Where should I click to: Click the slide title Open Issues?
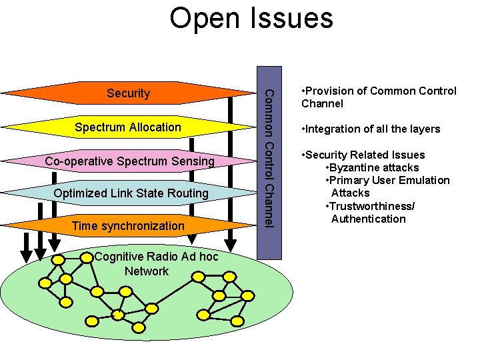pyautogui.click(x=251, y=18)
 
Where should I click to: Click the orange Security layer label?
pyautogui.click(x=128, y=93)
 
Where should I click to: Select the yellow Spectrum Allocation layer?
pyautogui.click(x=128, y=127)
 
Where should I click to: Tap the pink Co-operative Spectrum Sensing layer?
pyautogui.click(x=129, y=161)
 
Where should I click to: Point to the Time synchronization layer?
pyautogui.click(x=128, y=225)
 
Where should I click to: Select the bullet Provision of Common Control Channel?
pyautogui.click(x=378, y=97)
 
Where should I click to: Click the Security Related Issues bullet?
pyautogui.click(x=363, y=155)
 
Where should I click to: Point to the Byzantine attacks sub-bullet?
pyautogui.click(x=371, y=167)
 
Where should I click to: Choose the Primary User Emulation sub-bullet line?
pyautogui.click(x=387, y=180)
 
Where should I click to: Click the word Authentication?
pyautogui.click(x=368, y=219)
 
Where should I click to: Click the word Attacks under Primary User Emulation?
pyautogui.click(x=350, y=193)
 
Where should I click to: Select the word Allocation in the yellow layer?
pyautogui.click(x=155, y=127)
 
